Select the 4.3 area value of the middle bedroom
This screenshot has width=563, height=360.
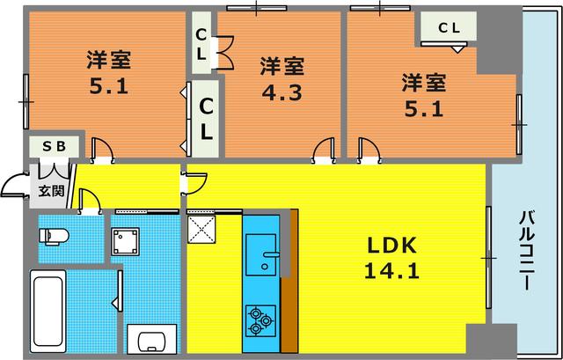(281, 92)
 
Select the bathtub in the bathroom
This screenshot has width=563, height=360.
(51, 311)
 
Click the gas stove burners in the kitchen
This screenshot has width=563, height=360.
(260, 319)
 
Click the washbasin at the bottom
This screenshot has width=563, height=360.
(152, 341)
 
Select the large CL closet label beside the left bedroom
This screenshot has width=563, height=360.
(204, 118)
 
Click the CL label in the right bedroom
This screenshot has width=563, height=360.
(449, 27)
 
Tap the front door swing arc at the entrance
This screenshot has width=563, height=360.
(15, 185)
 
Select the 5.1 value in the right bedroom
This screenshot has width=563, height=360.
(422, 112)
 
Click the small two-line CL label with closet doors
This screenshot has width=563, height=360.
(201, 44)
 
